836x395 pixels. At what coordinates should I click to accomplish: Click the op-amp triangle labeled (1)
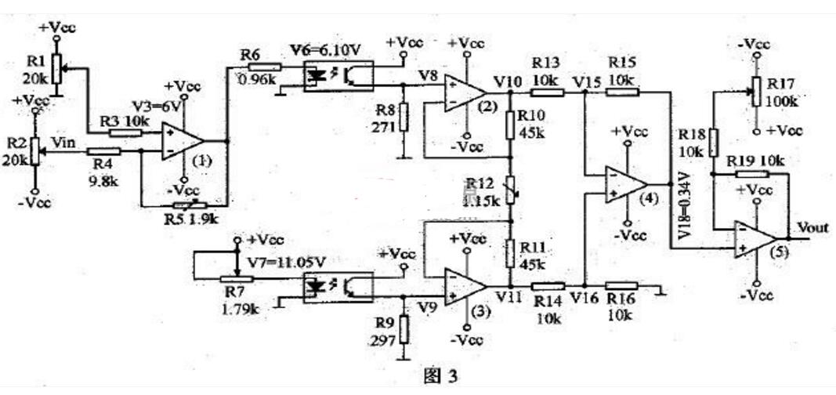(x=181, y=142)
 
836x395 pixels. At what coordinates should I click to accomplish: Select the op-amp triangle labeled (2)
(x=463, y=92)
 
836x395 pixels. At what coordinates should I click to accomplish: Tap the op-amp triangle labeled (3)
(x=463, y=286)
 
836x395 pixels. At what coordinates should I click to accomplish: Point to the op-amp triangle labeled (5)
(x=754, y=238)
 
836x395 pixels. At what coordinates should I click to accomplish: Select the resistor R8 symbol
(x=403, y=118)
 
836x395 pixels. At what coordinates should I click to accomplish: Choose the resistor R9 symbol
(x=403, y=328)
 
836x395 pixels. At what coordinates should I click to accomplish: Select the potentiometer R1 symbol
(x=56, y=68)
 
